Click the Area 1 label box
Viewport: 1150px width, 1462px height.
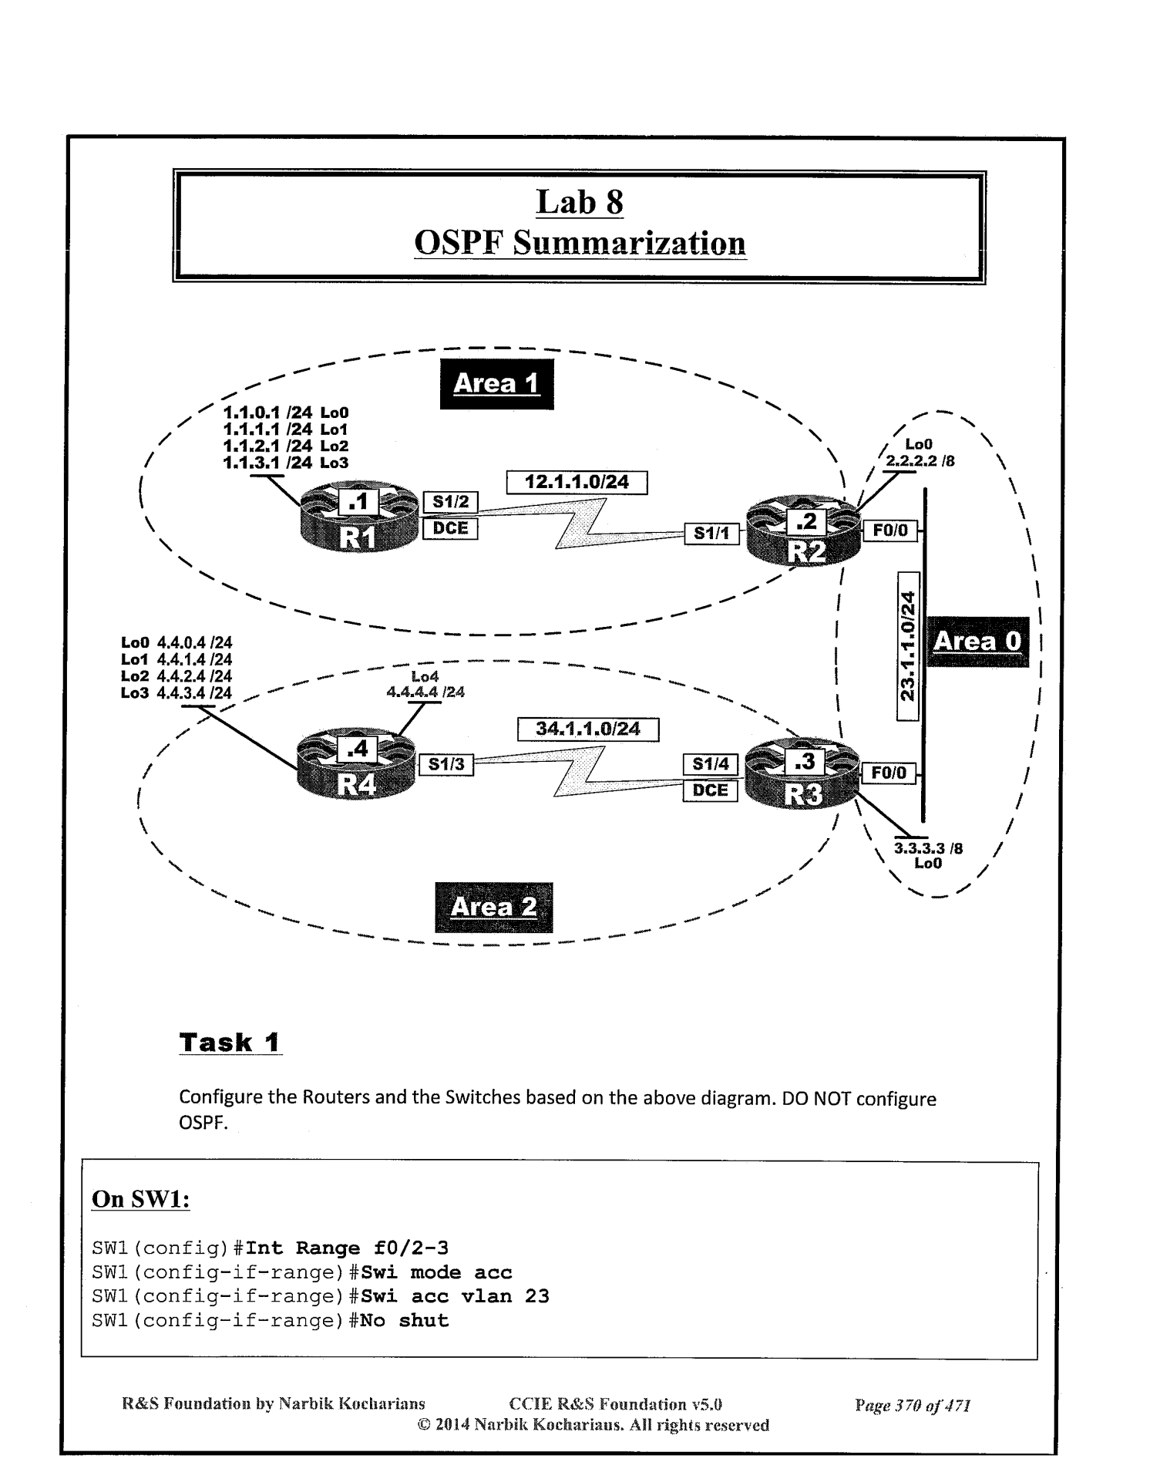pos(496,383)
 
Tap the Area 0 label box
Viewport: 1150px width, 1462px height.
pos(977,642)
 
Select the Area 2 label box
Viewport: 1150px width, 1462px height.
pos(493,907)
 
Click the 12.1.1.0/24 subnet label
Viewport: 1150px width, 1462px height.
pos(577,483)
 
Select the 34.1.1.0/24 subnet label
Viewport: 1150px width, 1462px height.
pos(587,729)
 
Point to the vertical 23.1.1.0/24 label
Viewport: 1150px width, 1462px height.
pos(909,646)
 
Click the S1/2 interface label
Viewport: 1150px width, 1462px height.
pos(451,502)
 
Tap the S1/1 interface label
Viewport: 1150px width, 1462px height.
pos(711,533)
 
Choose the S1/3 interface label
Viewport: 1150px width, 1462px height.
pos(446,764)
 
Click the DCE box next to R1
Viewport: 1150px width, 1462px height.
pos(451,529)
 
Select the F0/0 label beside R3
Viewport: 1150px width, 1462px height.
pos(889,773)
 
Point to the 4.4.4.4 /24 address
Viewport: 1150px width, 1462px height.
pos(425,692)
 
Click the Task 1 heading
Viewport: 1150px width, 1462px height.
pos(230,1043)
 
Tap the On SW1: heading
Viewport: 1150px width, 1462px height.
pos(141,1199)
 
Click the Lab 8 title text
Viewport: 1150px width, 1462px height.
pos(580,202)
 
